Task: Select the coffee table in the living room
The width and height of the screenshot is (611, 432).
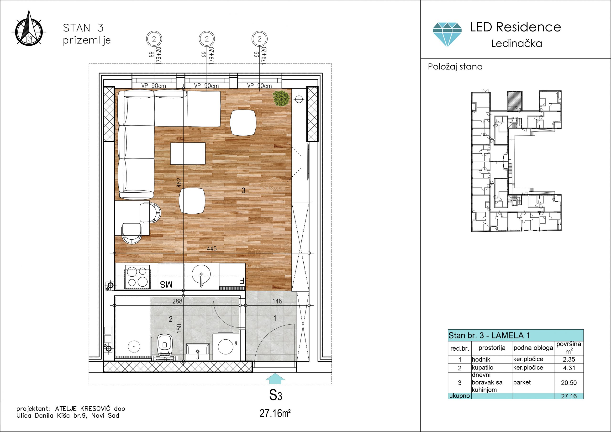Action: (188, 153)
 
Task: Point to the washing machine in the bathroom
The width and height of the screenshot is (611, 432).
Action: (226, 346)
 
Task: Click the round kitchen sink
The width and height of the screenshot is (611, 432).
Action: (201, 274)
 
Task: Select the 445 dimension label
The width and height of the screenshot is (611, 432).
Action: (212, 249)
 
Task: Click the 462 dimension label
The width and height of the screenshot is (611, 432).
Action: (179, 183)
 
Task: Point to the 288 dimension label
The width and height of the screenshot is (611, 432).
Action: (177, 301)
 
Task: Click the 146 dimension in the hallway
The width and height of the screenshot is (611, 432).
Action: (277, 301)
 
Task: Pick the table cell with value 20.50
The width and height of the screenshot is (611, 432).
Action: (569, 383)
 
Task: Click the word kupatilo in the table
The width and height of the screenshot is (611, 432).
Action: (482, 368)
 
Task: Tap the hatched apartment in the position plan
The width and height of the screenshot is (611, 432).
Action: (515, 101)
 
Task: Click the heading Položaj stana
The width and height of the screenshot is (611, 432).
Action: (455, 67)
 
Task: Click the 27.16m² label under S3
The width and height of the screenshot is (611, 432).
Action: (275, 414)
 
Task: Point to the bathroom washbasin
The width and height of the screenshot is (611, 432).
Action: (197, 352)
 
